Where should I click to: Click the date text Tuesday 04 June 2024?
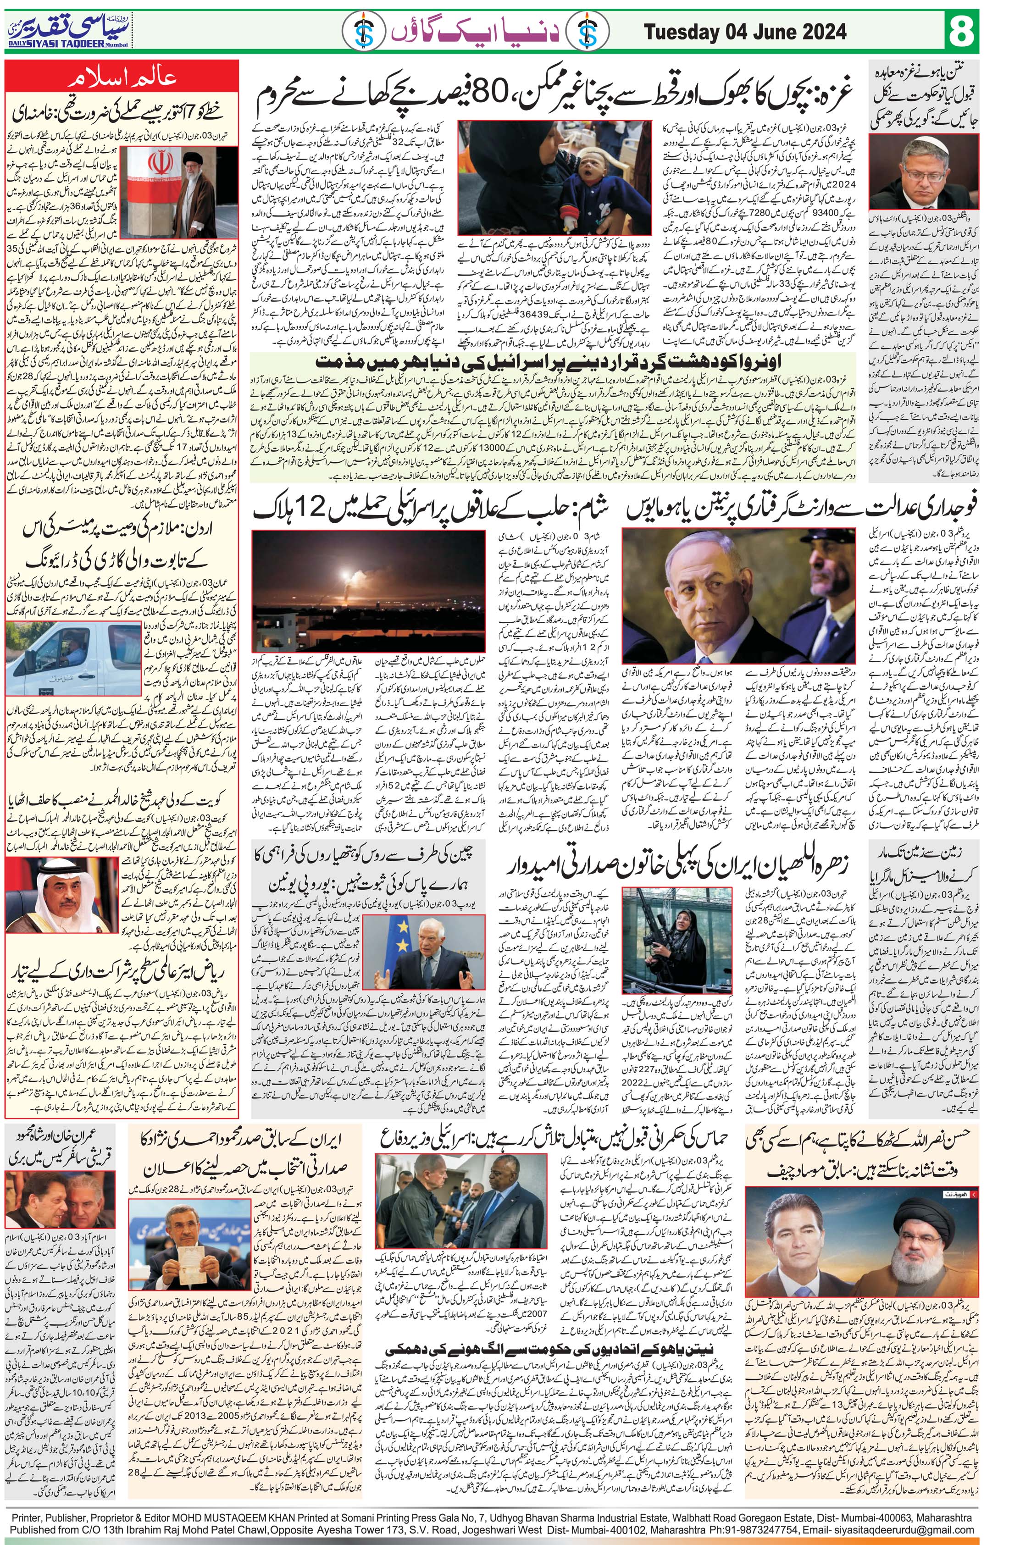pyautogui.click(x=745, y=31)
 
